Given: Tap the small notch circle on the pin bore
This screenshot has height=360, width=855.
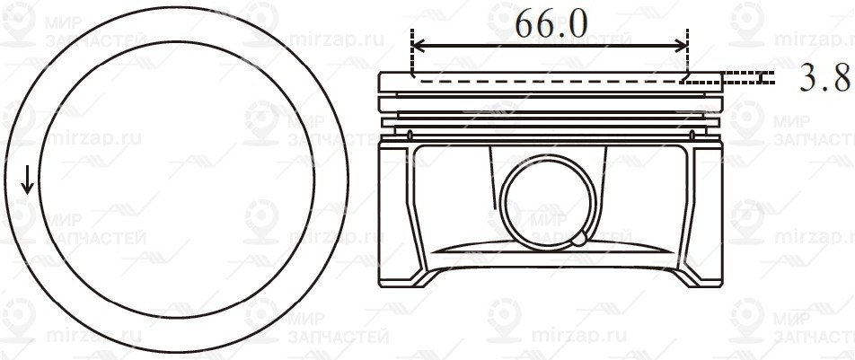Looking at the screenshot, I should pyautogui.click(x=580, y=239).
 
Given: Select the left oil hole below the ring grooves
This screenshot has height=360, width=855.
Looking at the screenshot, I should pyautogui.click(x=410, y=136).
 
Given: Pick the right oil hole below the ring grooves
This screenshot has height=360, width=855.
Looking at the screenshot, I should pyautogui.click(x=692, y=136).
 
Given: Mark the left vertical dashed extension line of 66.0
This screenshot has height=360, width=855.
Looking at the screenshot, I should pyautogui.click(x=411, y=54).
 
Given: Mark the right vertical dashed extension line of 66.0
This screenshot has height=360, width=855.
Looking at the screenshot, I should pyautogui.click(x=687, y=54).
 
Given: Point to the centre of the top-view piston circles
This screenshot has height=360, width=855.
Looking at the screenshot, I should pyautogui.click(x=176, y=181).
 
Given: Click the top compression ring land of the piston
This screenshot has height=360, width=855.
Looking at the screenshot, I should pyautogui.click(x=550, y=83).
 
